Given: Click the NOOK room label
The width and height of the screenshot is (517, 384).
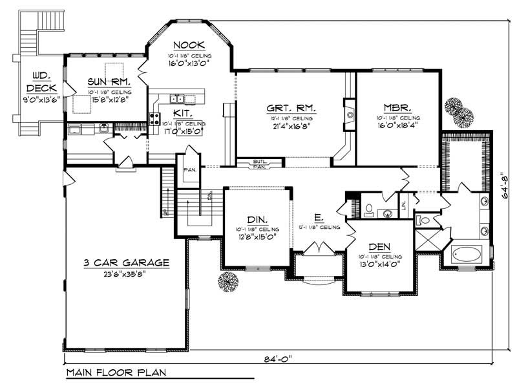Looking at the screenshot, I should (189, 45).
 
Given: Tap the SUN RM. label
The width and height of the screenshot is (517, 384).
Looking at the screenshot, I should (110, 82).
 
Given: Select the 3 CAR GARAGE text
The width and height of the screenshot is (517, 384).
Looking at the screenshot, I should (117, 262).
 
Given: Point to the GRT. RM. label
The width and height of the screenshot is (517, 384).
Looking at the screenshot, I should (291, 109).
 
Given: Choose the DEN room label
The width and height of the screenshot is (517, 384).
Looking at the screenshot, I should (378, 247).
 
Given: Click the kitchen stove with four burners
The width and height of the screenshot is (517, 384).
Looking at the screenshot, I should (155, 118).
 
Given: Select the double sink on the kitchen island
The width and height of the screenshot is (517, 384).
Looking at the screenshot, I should (176, 98).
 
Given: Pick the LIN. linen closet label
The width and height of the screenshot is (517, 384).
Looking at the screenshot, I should (403, 205).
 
